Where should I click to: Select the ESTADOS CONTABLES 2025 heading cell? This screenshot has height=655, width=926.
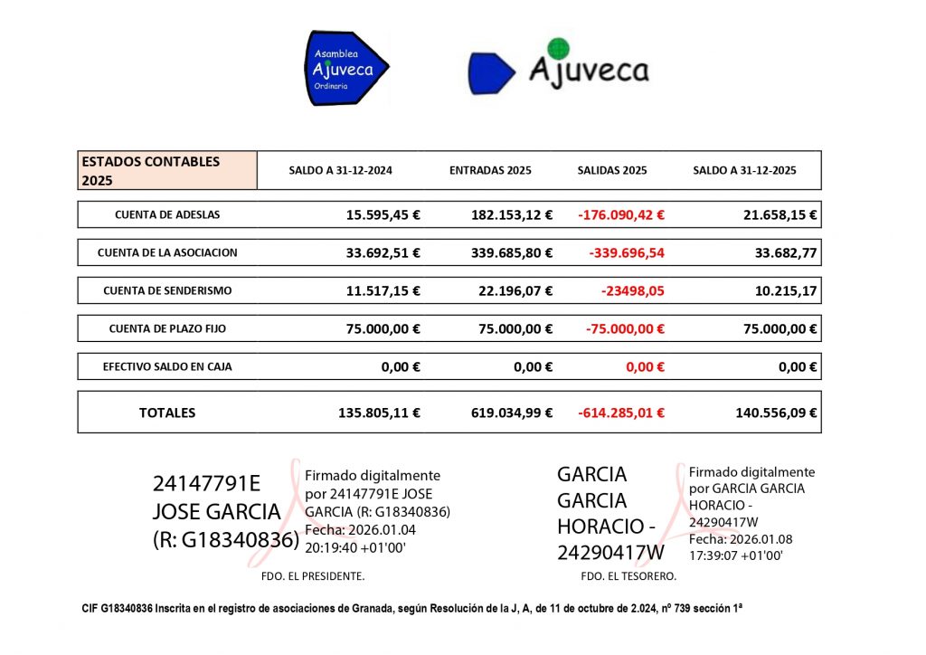(167, 170)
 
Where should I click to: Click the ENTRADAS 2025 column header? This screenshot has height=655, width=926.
(490, 170)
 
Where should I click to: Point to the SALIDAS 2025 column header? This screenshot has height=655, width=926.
(612, 170)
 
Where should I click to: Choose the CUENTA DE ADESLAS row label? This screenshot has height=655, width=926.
(167, 215)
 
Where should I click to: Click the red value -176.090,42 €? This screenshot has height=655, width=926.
(620, 215)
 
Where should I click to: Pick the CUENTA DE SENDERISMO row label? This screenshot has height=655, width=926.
(167, 290)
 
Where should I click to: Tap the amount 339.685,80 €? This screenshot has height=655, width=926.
(512, 253)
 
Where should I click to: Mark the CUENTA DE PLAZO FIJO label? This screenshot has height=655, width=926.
(167, 328)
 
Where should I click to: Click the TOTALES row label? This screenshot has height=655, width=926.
(167, 413)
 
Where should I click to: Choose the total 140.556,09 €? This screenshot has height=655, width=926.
(776, 413)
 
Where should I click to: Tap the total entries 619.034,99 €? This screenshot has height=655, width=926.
(512, 413)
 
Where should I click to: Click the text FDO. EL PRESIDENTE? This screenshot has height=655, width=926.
(307, 575)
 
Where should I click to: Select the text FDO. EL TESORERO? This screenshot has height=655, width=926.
(628, 575)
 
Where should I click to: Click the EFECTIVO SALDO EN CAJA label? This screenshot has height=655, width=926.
(167, 366)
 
